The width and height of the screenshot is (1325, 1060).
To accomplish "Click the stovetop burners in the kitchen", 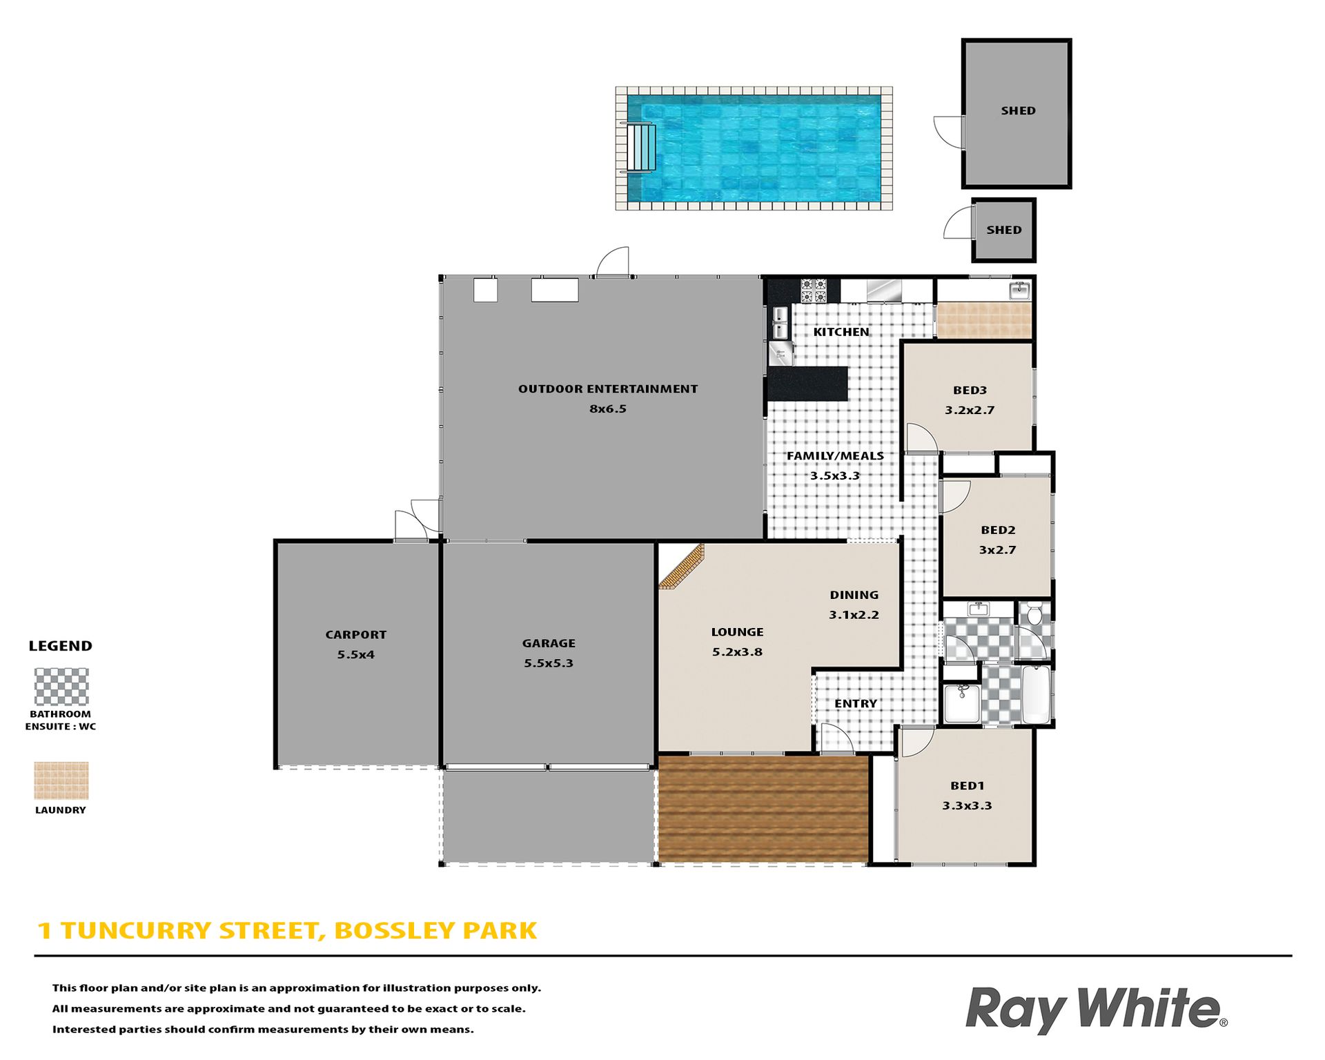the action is (814, 291).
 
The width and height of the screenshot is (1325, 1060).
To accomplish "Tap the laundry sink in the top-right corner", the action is (1019, 291).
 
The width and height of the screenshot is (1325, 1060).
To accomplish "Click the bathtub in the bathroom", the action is (1036, 694).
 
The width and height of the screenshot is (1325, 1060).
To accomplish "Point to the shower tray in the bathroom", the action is (961, 703).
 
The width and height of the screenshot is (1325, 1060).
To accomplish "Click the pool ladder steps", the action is (641, 148).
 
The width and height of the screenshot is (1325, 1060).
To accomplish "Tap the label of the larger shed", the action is (1018, 110).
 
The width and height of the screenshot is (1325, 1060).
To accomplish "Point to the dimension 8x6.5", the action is (607, 409).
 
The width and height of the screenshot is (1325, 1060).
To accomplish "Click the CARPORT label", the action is (355, 635).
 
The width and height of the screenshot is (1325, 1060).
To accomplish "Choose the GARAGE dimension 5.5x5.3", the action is (548, 663).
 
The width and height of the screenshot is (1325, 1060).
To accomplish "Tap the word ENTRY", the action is (856, 703).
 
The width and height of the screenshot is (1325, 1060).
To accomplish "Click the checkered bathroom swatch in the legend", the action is (61, 687).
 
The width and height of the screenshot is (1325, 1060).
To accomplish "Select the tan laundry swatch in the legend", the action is (61, 781).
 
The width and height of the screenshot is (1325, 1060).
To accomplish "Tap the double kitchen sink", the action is (781, 323).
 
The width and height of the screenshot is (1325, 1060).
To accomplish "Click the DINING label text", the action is (854, 595).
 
